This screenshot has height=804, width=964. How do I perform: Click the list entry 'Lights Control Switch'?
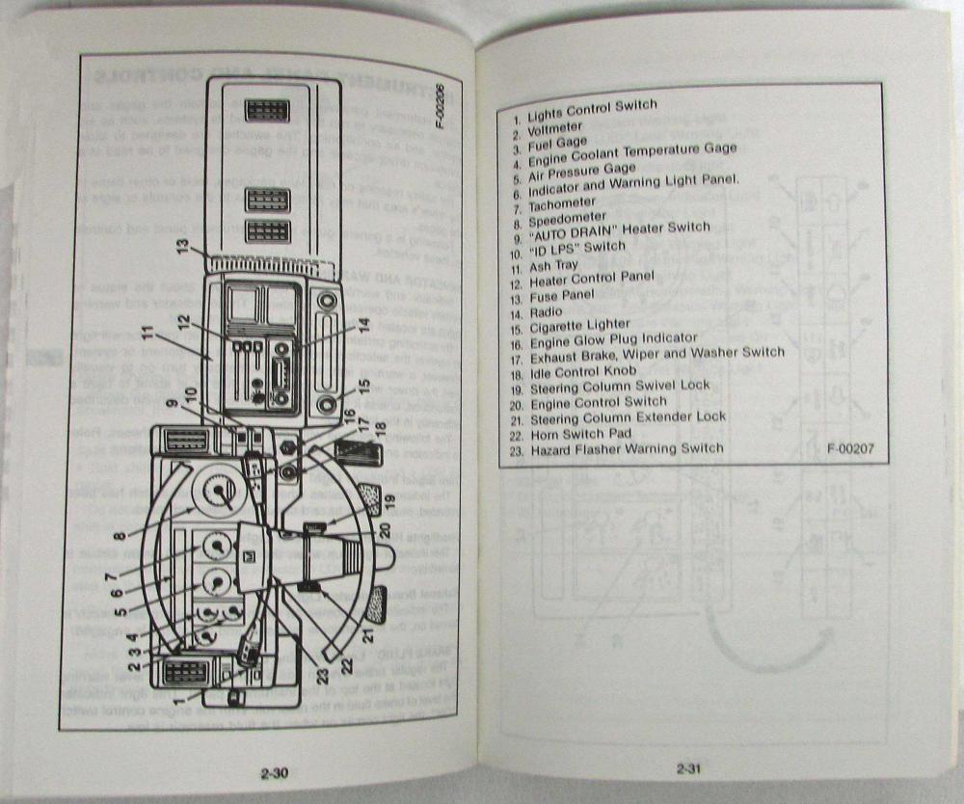(x=592, y=107)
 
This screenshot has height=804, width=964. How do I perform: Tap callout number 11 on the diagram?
(x=146, y=337)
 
